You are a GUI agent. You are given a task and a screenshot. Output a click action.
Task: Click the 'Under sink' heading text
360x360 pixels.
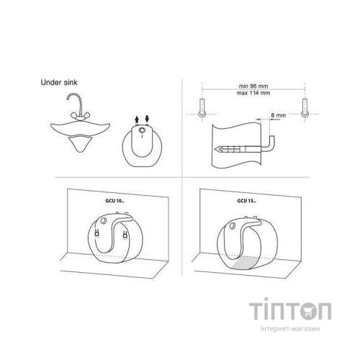59,82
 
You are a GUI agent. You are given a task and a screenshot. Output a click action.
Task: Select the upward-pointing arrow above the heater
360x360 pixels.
137,120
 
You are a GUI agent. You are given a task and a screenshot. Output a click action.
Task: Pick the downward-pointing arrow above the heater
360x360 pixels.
147,119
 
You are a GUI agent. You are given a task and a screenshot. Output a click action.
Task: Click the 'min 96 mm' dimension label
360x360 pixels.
253,86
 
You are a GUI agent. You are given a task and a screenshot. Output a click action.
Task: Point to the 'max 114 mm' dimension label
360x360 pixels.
253,93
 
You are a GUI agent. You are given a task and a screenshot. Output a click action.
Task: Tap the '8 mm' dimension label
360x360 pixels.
279,115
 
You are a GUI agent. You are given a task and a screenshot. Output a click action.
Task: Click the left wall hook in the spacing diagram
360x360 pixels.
202,108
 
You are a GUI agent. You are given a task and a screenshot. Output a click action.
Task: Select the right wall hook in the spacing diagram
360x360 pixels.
305,108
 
